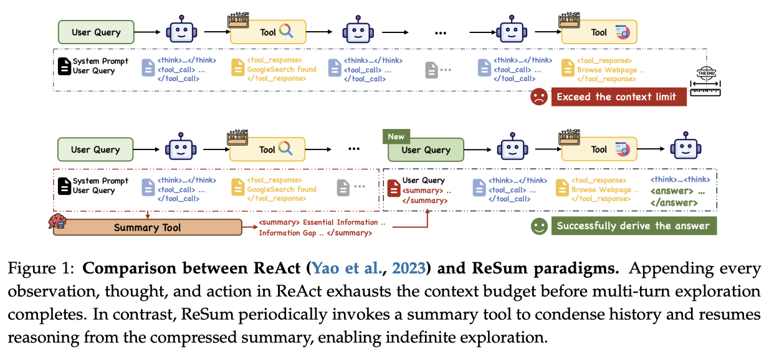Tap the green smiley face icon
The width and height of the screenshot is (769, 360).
click(538, 225)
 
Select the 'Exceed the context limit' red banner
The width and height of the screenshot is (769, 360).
click(618, 97)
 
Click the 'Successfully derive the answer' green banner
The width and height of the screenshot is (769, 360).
click(633, 225)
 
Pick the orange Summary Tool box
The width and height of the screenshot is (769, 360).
click(148, 227)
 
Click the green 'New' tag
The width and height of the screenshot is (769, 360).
click(396, 136)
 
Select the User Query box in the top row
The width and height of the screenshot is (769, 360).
click(96, 32)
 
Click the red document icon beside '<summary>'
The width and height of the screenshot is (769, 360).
click(393, 187)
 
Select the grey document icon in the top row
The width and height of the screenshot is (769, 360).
click(432, 69)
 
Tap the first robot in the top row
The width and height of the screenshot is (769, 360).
click(181, 31)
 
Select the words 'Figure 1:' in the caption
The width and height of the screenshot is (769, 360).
click(42, 269)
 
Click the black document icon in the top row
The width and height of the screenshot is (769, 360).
click(64, 66)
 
